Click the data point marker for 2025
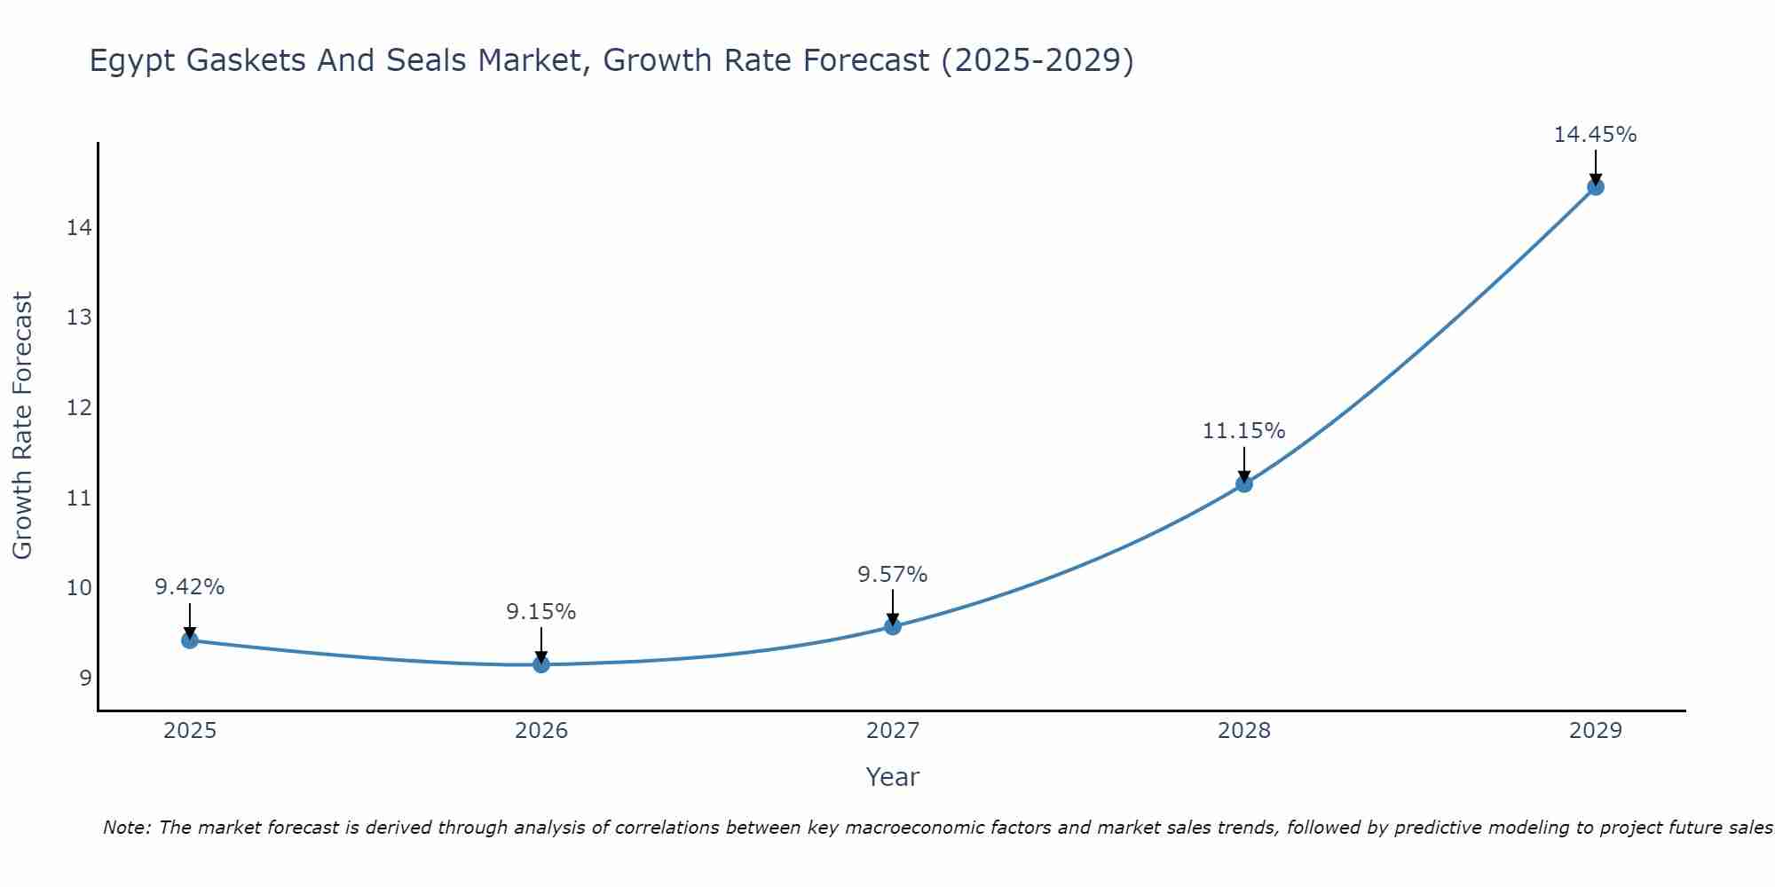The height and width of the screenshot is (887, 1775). click(190, 640)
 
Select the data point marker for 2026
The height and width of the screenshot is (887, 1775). click(541, 663)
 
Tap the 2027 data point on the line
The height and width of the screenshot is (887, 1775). click(893, 626)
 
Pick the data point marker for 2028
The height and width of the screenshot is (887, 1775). click(1244, 483)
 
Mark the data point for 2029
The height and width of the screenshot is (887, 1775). click(1595, 186)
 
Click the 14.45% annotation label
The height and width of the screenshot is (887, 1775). click(1595, 135)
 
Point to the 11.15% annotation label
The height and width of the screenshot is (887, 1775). click(1243, 431)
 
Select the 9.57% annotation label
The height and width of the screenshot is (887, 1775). click(892, 575)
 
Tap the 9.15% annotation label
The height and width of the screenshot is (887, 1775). click(540, 612)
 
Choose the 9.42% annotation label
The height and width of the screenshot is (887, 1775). click(190, 587)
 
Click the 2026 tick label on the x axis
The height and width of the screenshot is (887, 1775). click(541, 731)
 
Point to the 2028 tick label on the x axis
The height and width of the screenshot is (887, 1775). click(1244, 731)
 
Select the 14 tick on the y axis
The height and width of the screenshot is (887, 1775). click(79, 228)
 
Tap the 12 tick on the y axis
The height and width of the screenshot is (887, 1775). click(79, 408)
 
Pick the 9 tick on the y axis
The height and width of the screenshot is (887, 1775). click(85, 679)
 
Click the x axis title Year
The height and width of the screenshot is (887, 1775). click(892, 777)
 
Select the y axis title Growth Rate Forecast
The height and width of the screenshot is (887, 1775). click(22, 426)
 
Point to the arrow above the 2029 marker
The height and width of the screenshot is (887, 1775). click(1595, 167)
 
